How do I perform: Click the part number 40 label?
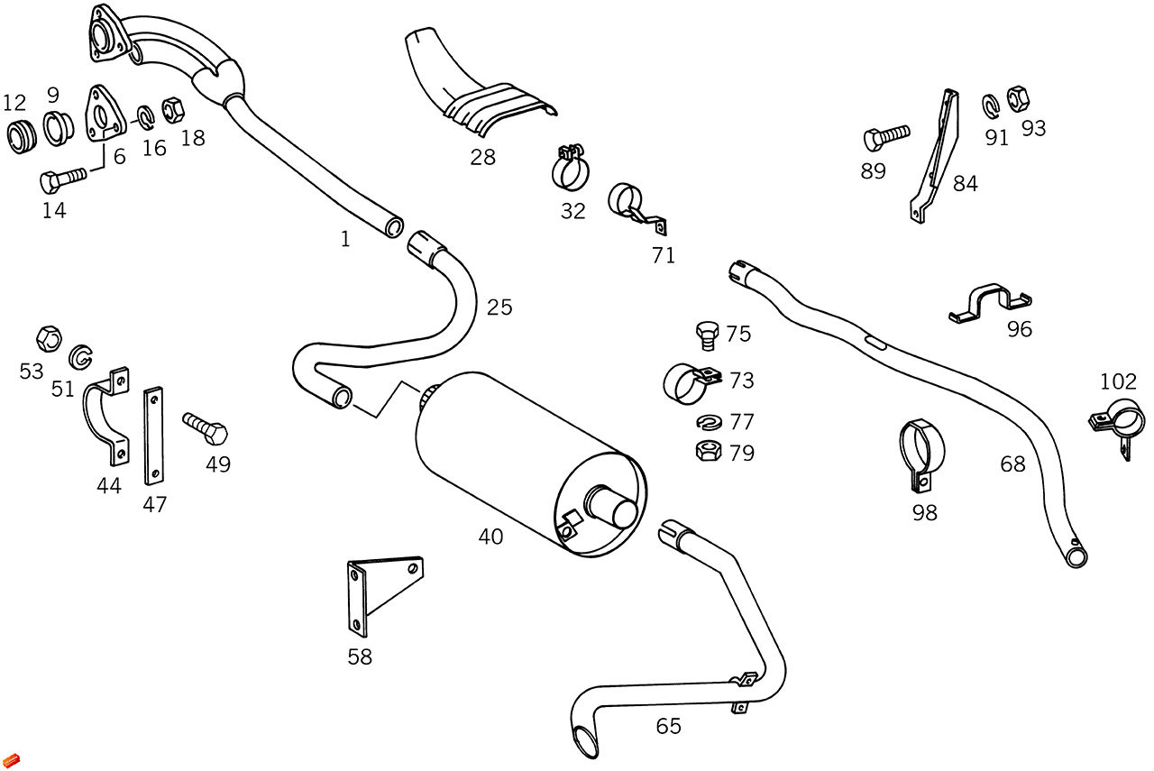[x=490, y=537]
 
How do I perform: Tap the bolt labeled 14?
[x=61, y=179]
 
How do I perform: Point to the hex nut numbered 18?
[x=173, y=110]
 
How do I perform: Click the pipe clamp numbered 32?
[x=571, y=168]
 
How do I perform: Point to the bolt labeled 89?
[x=887, y=139]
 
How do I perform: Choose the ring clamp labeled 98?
[x=923, y=451]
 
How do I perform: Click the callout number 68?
[x=1013, y=464]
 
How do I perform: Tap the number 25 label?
[x=499, y=307]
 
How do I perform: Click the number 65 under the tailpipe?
[x=669, y=726]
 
